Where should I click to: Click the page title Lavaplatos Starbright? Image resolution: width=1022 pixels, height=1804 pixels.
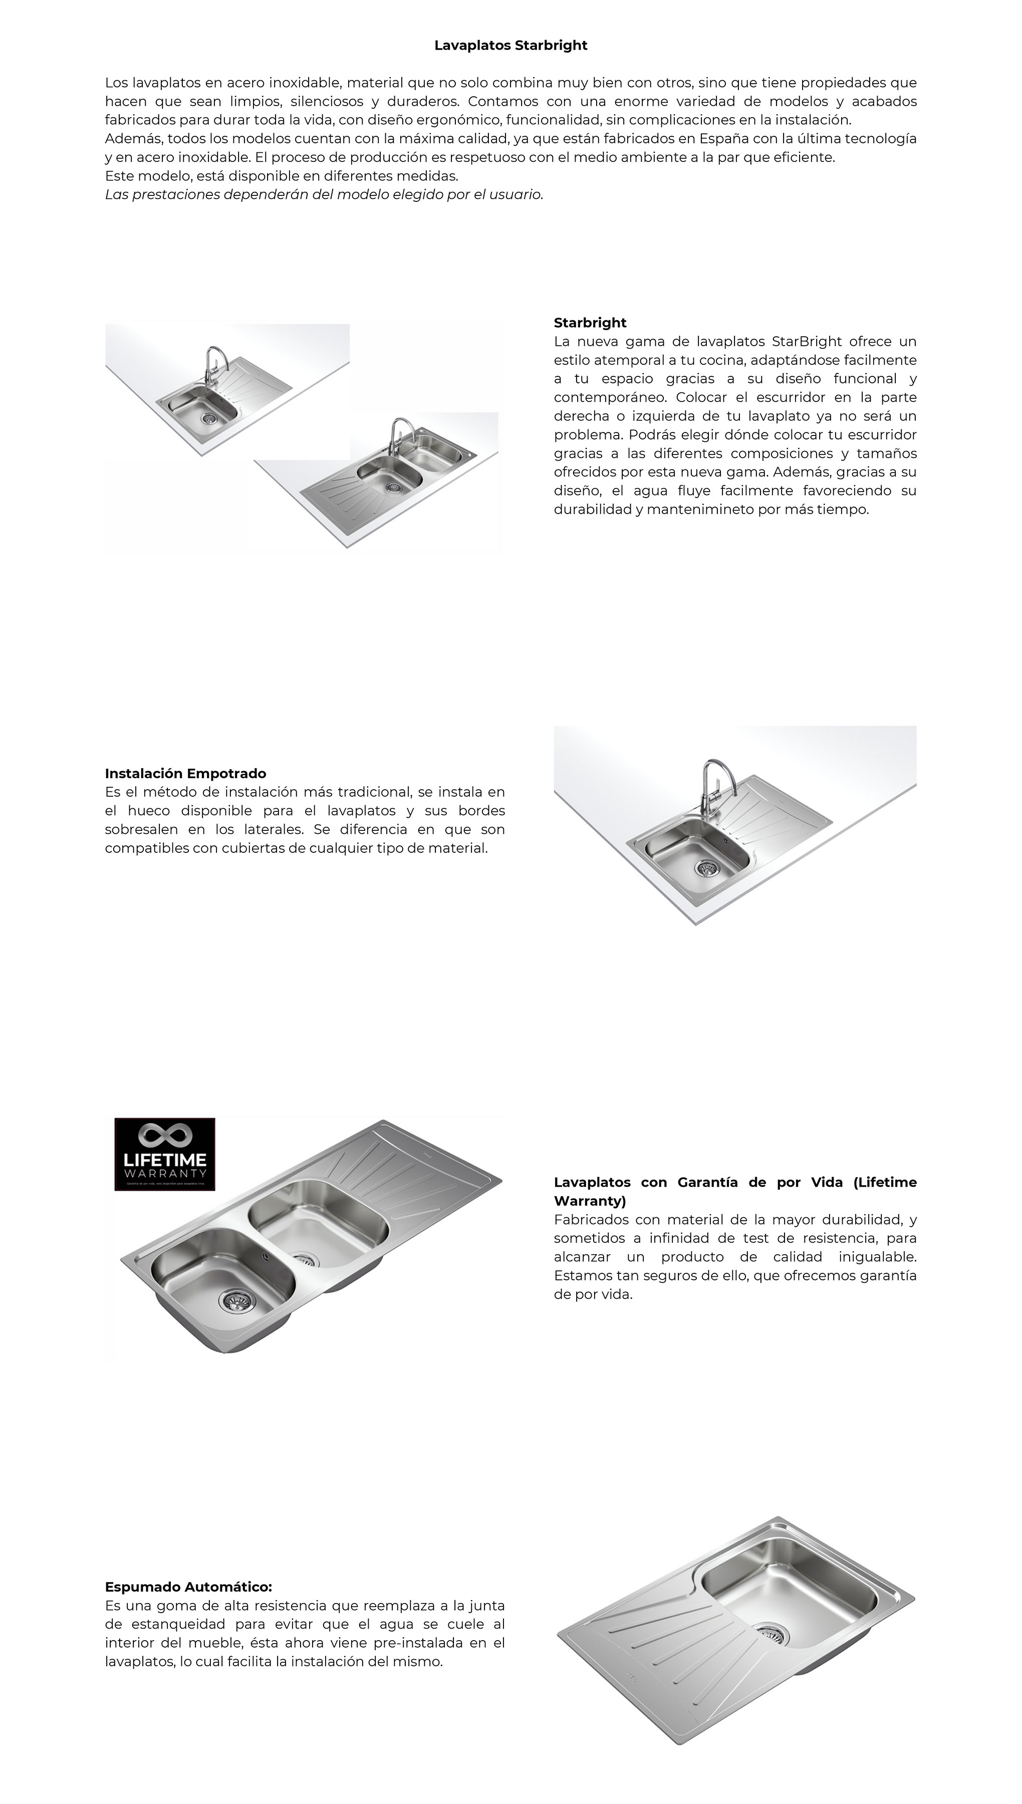coord(510,46)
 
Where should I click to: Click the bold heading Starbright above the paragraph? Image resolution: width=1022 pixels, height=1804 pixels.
coord(590,323)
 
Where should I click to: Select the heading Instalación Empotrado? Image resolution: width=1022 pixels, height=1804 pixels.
coord(185,774)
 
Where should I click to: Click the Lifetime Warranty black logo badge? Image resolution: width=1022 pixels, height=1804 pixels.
coord(165,1155)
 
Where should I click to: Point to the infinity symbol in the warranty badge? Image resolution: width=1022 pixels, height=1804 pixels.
coord(165,1136)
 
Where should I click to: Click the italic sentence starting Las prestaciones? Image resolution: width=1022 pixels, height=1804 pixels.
coord(324,194)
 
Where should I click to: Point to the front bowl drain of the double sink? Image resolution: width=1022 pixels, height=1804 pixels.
coord(230,1301)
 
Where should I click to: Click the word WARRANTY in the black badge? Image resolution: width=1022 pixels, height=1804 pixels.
coord(165,1174)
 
